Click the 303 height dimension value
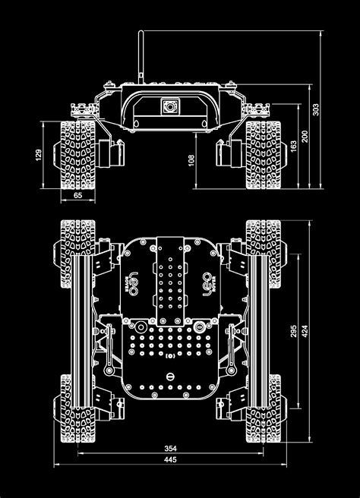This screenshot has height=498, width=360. click(316, 110)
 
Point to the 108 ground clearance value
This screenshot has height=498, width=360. click(192, 160)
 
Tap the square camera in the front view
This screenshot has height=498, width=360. click(168, 107)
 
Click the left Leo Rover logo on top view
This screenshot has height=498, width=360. click(137, 282)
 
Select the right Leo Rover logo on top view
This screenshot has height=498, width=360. click(204, 282)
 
